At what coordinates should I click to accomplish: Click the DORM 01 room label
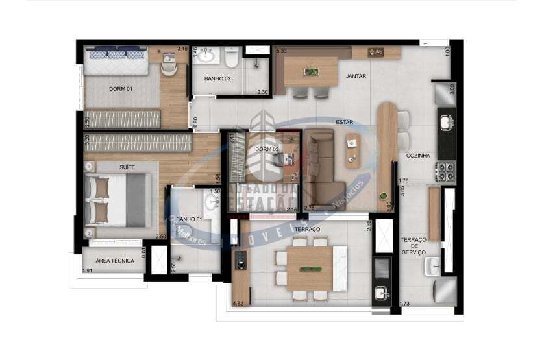pos(120,89)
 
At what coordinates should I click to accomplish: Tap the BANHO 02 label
pos(217,78)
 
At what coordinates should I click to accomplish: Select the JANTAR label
pos(356,76)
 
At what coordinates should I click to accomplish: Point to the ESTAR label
pos(344,122)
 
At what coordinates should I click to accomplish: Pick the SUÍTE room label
pos(127,167)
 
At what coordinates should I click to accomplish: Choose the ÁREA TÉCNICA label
pos(115,261)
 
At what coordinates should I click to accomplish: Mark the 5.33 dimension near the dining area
pos(282,51)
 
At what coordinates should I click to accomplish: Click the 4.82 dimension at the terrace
pos(238,303)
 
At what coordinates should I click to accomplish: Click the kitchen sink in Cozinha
pos(447,122)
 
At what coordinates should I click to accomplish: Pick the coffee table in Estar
pos(354,150)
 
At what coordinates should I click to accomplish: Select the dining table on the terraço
pos(309,267)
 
